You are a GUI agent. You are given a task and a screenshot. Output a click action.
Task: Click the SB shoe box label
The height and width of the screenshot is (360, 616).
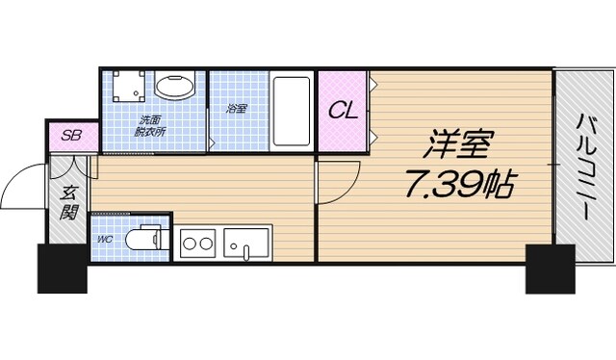pos(71,136)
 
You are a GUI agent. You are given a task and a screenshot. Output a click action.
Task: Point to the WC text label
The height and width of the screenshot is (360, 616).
pos(104,237)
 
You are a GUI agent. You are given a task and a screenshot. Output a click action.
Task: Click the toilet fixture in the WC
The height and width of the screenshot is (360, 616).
pos(147,238)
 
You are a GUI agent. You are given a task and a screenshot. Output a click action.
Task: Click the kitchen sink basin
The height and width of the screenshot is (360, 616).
pos(247,243)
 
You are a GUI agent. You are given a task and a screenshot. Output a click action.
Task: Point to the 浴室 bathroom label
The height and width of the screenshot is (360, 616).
pos(237,109)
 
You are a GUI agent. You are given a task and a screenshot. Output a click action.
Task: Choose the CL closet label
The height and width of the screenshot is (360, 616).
pos(344,111)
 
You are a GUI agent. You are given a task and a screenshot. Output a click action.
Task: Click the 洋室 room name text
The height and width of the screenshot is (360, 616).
pos(458,146)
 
